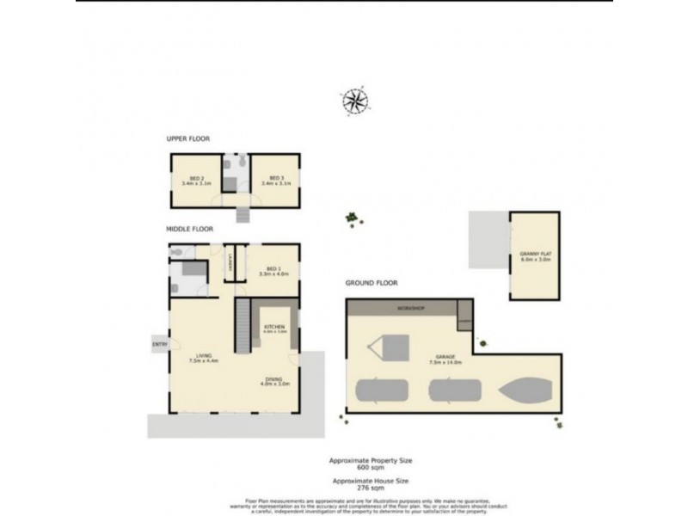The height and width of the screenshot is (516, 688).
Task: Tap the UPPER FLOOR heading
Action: point(188,138)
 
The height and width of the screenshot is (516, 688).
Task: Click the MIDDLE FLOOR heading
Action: point(190,230)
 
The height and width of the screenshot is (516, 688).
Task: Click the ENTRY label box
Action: point(159,344)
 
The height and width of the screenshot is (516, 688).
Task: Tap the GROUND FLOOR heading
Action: point(372,283)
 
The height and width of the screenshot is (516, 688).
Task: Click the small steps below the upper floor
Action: point(242,213)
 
